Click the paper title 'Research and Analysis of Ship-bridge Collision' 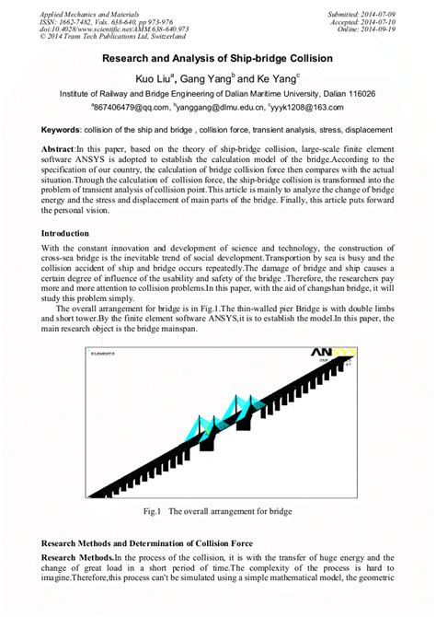pos(217,57)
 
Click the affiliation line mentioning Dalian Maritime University pos(217,94)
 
